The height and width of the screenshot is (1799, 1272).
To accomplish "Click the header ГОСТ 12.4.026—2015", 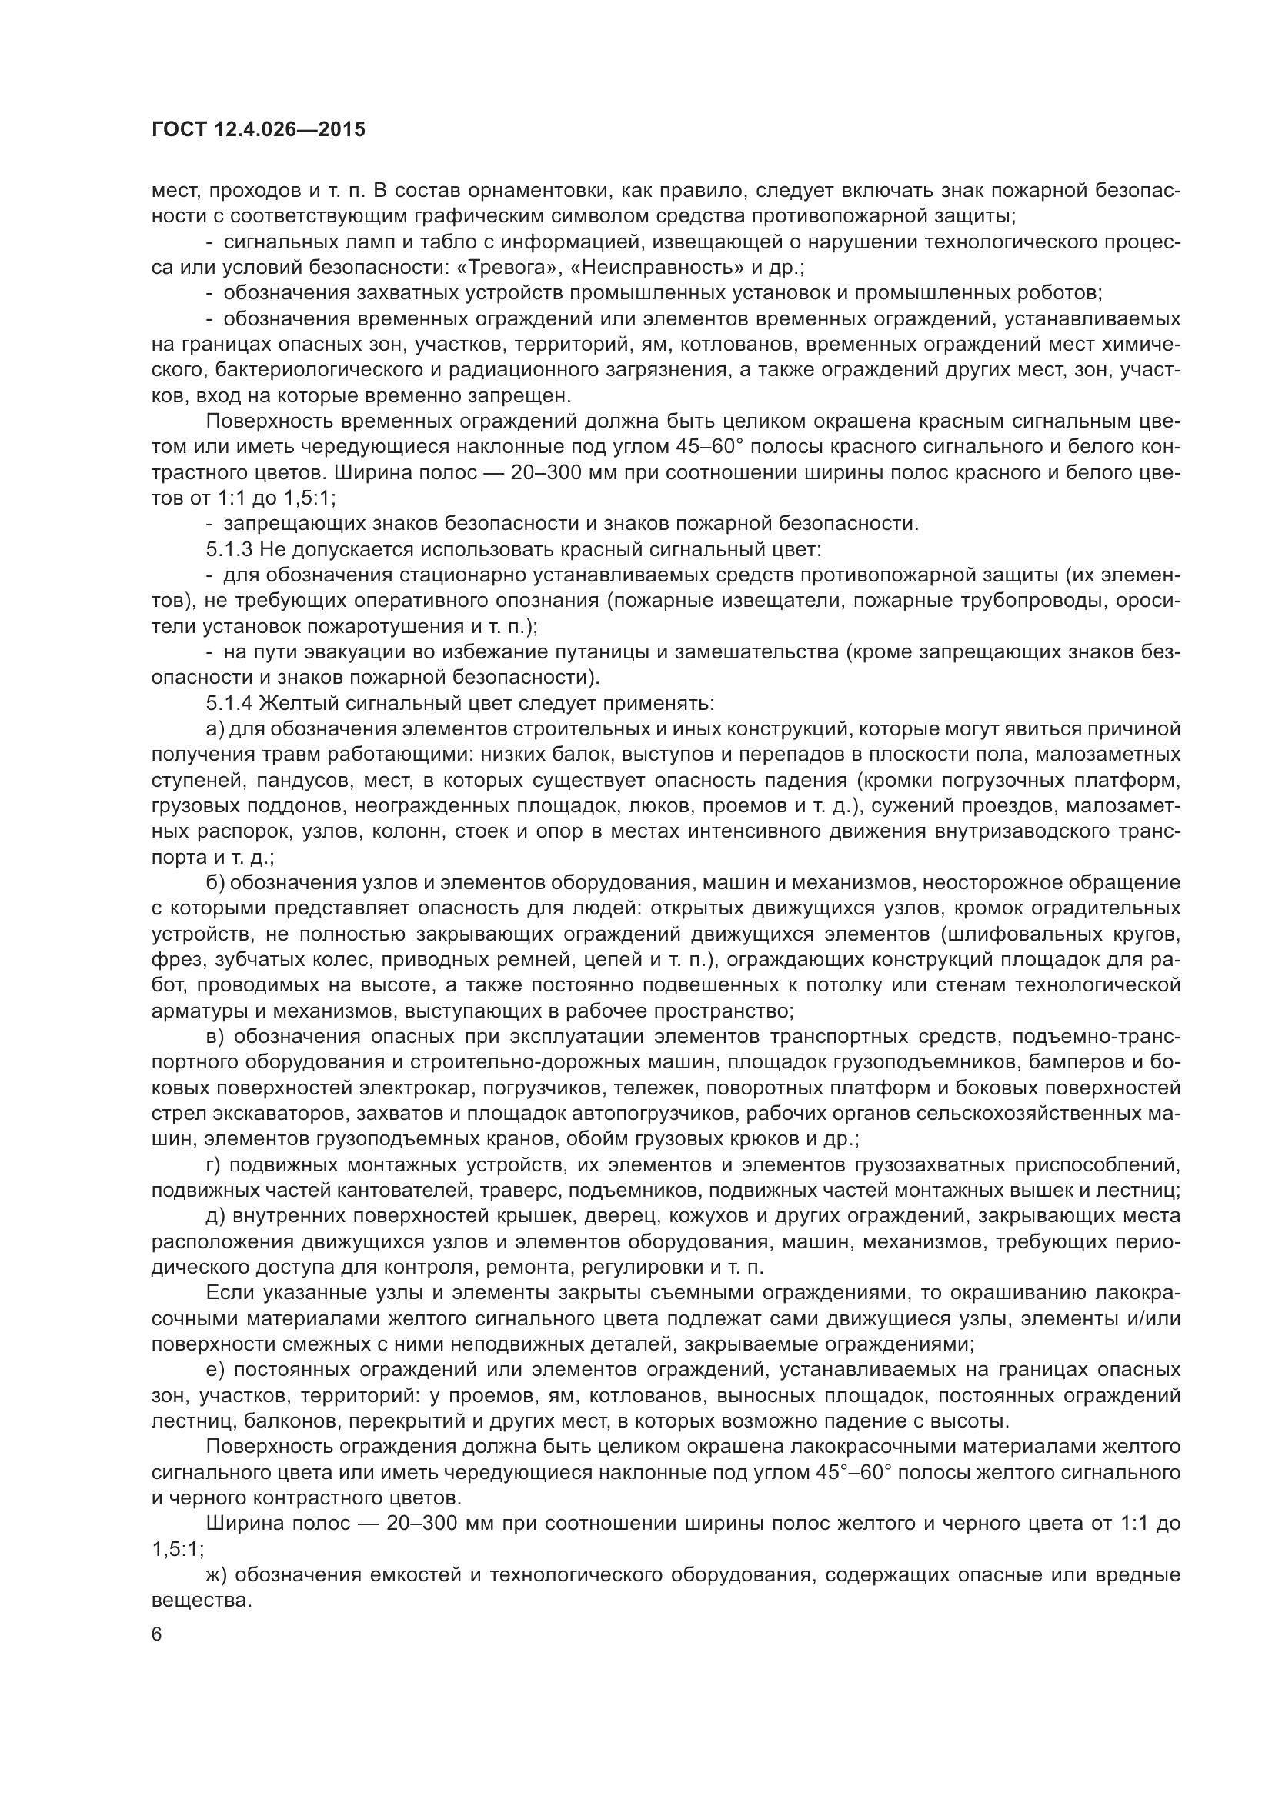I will click(x=258, y=129).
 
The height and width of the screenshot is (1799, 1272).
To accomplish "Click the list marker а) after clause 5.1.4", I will click(x=215, y=728).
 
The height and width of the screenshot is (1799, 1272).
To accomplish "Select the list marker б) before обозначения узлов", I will click(x=215, y=882).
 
